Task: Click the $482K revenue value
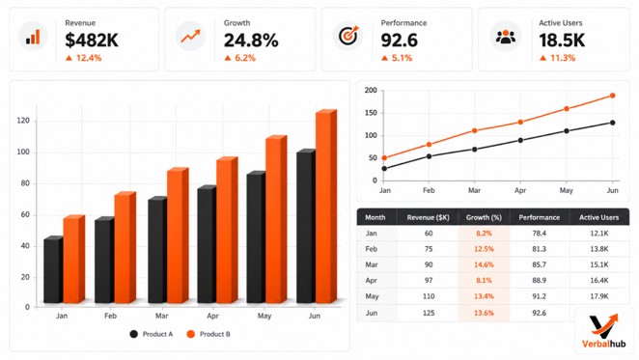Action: (x=92, y=41)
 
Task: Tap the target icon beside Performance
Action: (x=347, y=35)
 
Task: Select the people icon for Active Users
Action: (x=506, y=37)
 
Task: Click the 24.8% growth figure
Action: (x=251, y=41)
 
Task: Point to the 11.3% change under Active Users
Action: (x=557, y=58)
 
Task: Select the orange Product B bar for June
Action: (x=326, y=207)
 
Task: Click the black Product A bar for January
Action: (x=53, y=269)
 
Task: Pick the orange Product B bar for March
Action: (x=178, y=235)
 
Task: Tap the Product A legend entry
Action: (x=152, y=334)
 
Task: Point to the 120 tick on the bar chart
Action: (x=23, y=121)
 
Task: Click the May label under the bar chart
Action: (x=264, y=316)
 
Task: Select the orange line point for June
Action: (x=613, y=96)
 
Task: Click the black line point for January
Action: (x=384, y=168)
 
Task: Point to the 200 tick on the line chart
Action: (x=371, y=90)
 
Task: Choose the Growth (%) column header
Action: (x=484, y=217)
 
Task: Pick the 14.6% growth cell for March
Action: (x=484, y=264)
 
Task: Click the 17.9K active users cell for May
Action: (x=599, y=296)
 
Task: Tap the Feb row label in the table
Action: (x=371, y=249)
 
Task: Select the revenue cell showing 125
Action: (x=429, y=313)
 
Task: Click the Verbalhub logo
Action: (x=603, y=331)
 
